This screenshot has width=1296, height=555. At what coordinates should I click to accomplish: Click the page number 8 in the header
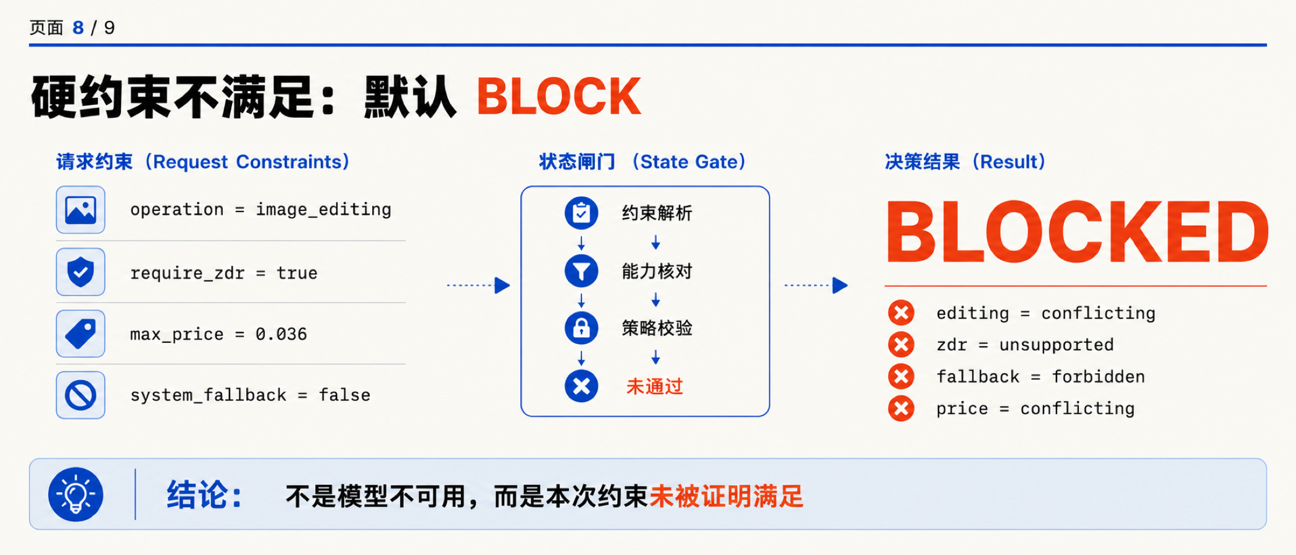point(78,28)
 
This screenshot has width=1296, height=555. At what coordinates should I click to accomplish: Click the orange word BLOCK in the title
point(559,96)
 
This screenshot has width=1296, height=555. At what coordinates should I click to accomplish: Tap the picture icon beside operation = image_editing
point(81,210)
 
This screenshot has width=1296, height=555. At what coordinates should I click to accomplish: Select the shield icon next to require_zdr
point(81,272)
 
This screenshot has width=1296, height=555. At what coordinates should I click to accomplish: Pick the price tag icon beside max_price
point(81,334)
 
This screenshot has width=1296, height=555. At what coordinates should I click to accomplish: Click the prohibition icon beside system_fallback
point(81,395)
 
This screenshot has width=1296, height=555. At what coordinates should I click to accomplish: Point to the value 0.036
point(281,334)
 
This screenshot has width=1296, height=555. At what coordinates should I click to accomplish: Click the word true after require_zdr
point(297,273)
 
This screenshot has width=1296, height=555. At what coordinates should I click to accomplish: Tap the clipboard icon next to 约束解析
point(581,213)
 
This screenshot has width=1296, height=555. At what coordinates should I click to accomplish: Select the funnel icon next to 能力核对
point(581,271)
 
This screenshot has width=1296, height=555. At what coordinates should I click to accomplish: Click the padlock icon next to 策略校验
point(581,328)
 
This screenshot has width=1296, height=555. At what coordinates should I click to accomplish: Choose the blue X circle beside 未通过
point(581,386)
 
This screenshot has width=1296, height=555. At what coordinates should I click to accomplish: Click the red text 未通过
point(655,387)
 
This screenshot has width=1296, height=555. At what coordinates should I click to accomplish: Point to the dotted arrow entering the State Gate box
point(478,286)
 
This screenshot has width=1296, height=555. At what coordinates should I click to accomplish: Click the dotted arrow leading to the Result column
point(816,286)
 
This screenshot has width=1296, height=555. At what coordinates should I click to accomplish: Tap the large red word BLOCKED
point(1078,232)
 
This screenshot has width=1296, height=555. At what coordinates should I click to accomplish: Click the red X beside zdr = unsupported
point(901,344)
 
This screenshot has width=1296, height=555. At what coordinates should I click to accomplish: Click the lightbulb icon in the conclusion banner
point(76,495)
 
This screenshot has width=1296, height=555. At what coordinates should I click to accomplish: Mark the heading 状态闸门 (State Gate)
point(642,162)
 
